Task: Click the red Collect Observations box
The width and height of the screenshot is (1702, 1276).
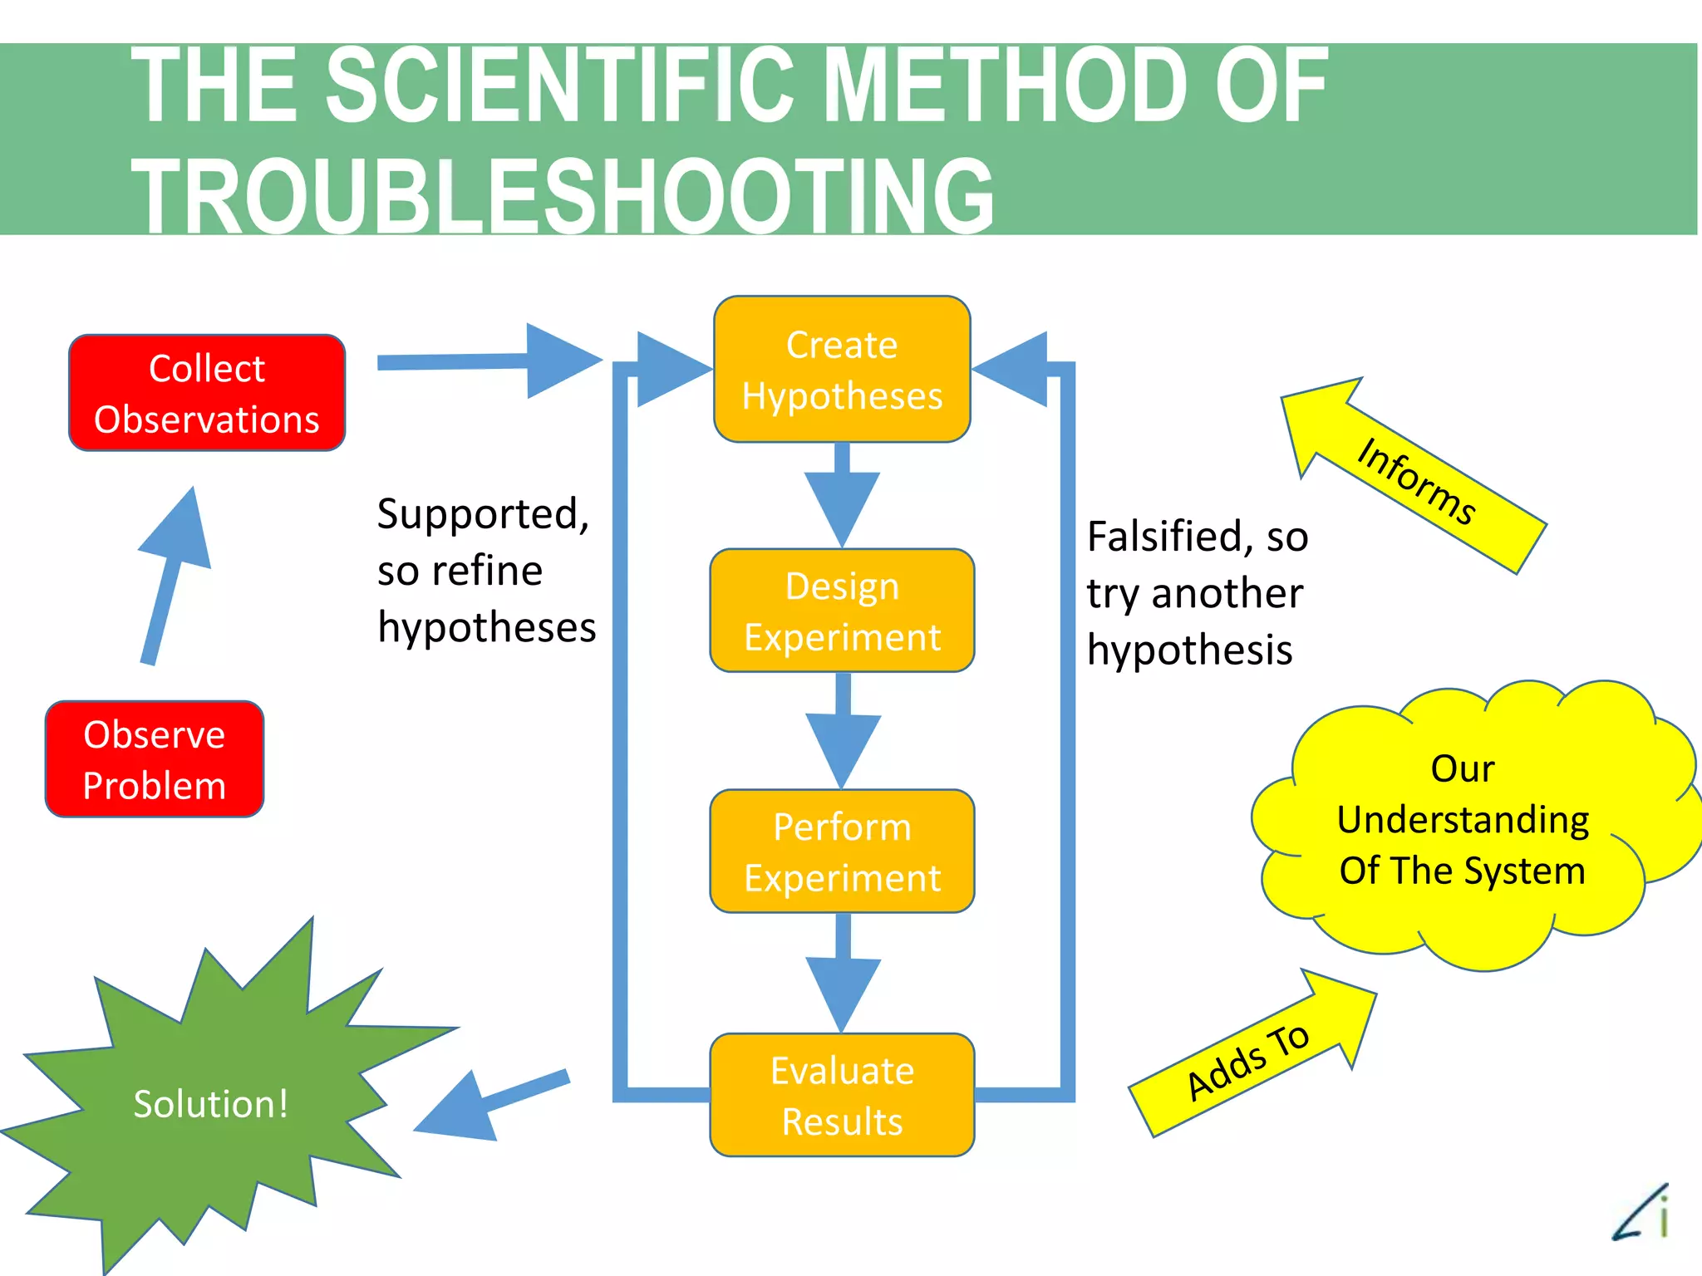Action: [x=207, y=393]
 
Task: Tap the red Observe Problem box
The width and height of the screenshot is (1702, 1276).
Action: [x=155, y=759]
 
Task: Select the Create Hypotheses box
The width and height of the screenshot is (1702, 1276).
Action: [x=842, y=370]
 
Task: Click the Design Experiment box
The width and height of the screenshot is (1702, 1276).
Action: [x=842, y=611]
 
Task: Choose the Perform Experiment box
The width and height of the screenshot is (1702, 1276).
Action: [x=842, y=851]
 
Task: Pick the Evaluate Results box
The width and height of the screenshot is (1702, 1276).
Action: [x=842, y=1095]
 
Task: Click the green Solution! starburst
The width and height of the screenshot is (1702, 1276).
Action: [x=211, y=1105]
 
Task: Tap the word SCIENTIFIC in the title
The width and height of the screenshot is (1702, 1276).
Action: [x=559, y=85]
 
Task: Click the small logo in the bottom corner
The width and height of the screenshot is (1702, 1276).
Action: [x=1642, y=1213]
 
